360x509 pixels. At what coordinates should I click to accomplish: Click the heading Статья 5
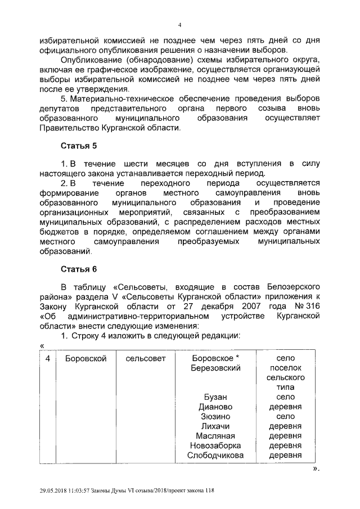(79, 146)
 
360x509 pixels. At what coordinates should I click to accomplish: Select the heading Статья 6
(79, 269)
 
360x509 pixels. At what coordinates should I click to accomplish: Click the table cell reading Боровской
(85, 358)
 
